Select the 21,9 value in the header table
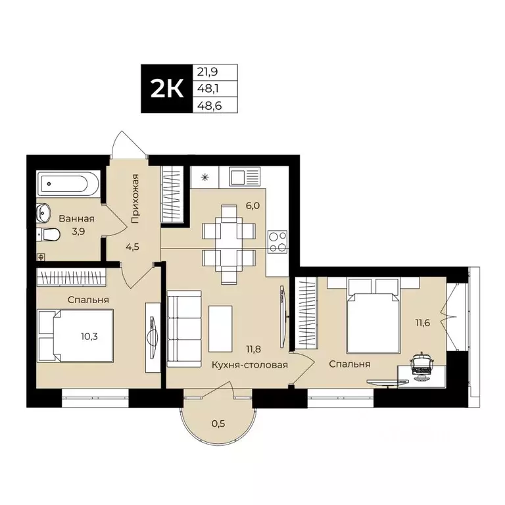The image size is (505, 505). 206,73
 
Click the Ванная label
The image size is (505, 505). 76,219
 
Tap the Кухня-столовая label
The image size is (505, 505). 250,365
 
